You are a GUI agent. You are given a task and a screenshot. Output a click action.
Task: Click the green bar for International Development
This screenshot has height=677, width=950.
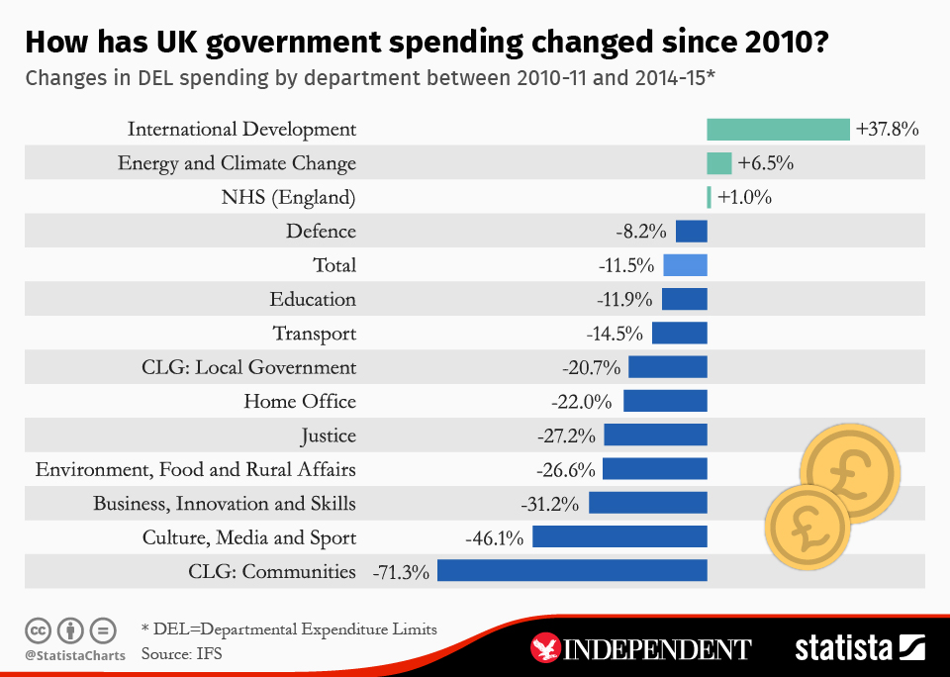pos(778,129)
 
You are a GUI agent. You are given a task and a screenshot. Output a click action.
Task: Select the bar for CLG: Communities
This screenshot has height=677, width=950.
pos(572,571)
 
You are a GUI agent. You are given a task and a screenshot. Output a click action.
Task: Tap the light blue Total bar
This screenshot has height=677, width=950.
pos(685,265)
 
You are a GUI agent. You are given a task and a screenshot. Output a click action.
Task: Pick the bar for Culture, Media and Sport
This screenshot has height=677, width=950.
pos(619,537)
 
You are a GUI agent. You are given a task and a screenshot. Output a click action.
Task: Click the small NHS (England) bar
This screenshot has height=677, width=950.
pos(709,197)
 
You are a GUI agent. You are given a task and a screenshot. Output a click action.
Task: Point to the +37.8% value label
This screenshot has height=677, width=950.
pos(888,129)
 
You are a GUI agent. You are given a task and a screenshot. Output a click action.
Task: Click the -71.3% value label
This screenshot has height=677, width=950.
pos(401,571)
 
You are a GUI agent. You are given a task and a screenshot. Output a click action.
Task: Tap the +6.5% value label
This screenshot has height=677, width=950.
pos(765,163)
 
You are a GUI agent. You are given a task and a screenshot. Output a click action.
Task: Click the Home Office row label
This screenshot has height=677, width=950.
pos(300,401)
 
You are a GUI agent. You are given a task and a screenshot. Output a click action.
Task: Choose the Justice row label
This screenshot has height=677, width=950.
pos(329,435)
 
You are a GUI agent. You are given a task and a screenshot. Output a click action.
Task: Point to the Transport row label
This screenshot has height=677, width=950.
pos(315,334)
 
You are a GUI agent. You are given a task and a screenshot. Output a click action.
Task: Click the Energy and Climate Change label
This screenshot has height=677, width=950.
pos(237,163)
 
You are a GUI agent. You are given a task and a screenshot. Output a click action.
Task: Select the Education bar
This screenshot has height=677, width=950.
pos(684,299)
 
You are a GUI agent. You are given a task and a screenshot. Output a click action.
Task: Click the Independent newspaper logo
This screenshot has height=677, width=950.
pos(642,648)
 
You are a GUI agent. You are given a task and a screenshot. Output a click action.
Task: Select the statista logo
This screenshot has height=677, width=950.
pos(859,648)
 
